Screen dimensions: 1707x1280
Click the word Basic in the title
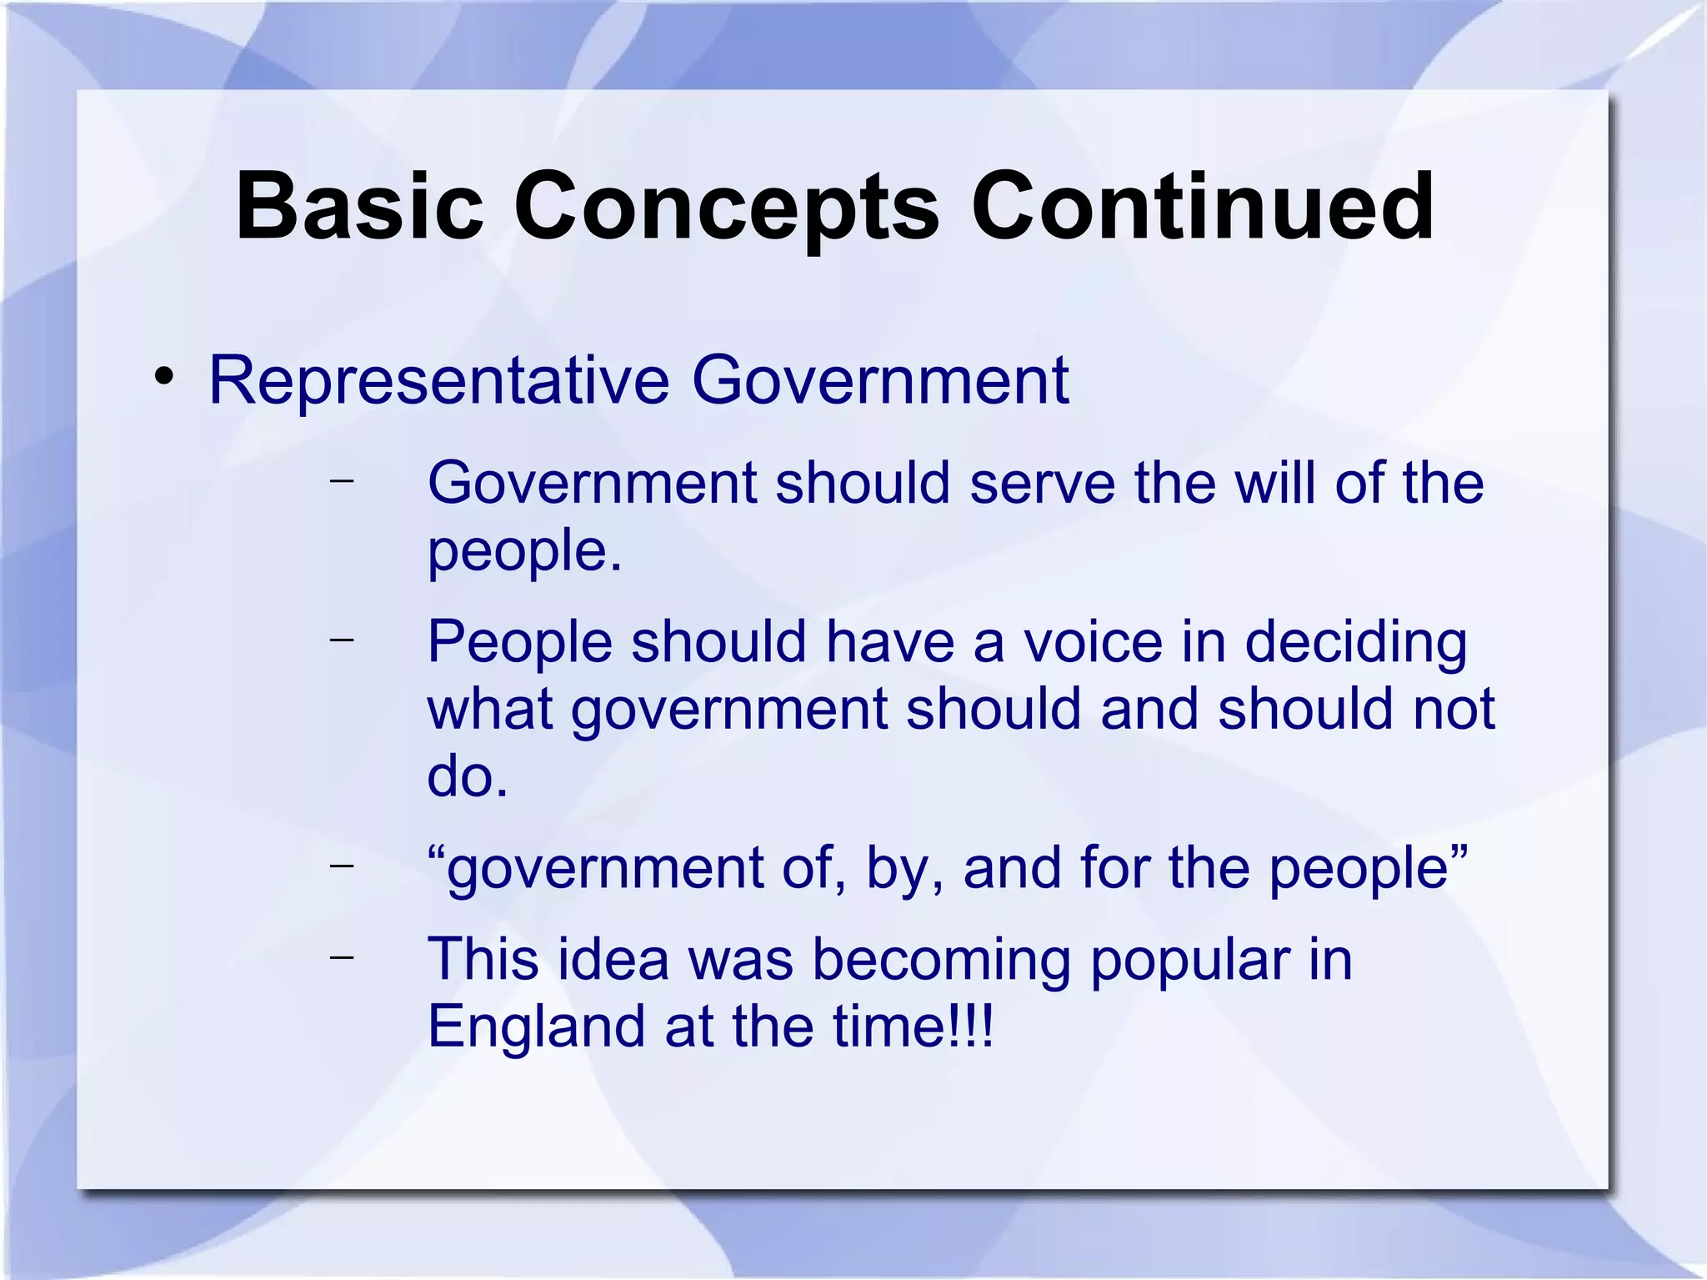359,206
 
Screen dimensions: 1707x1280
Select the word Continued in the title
1202,206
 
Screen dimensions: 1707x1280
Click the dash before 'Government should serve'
342,479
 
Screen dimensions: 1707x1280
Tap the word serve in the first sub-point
1042,483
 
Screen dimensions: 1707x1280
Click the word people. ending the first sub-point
524,552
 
